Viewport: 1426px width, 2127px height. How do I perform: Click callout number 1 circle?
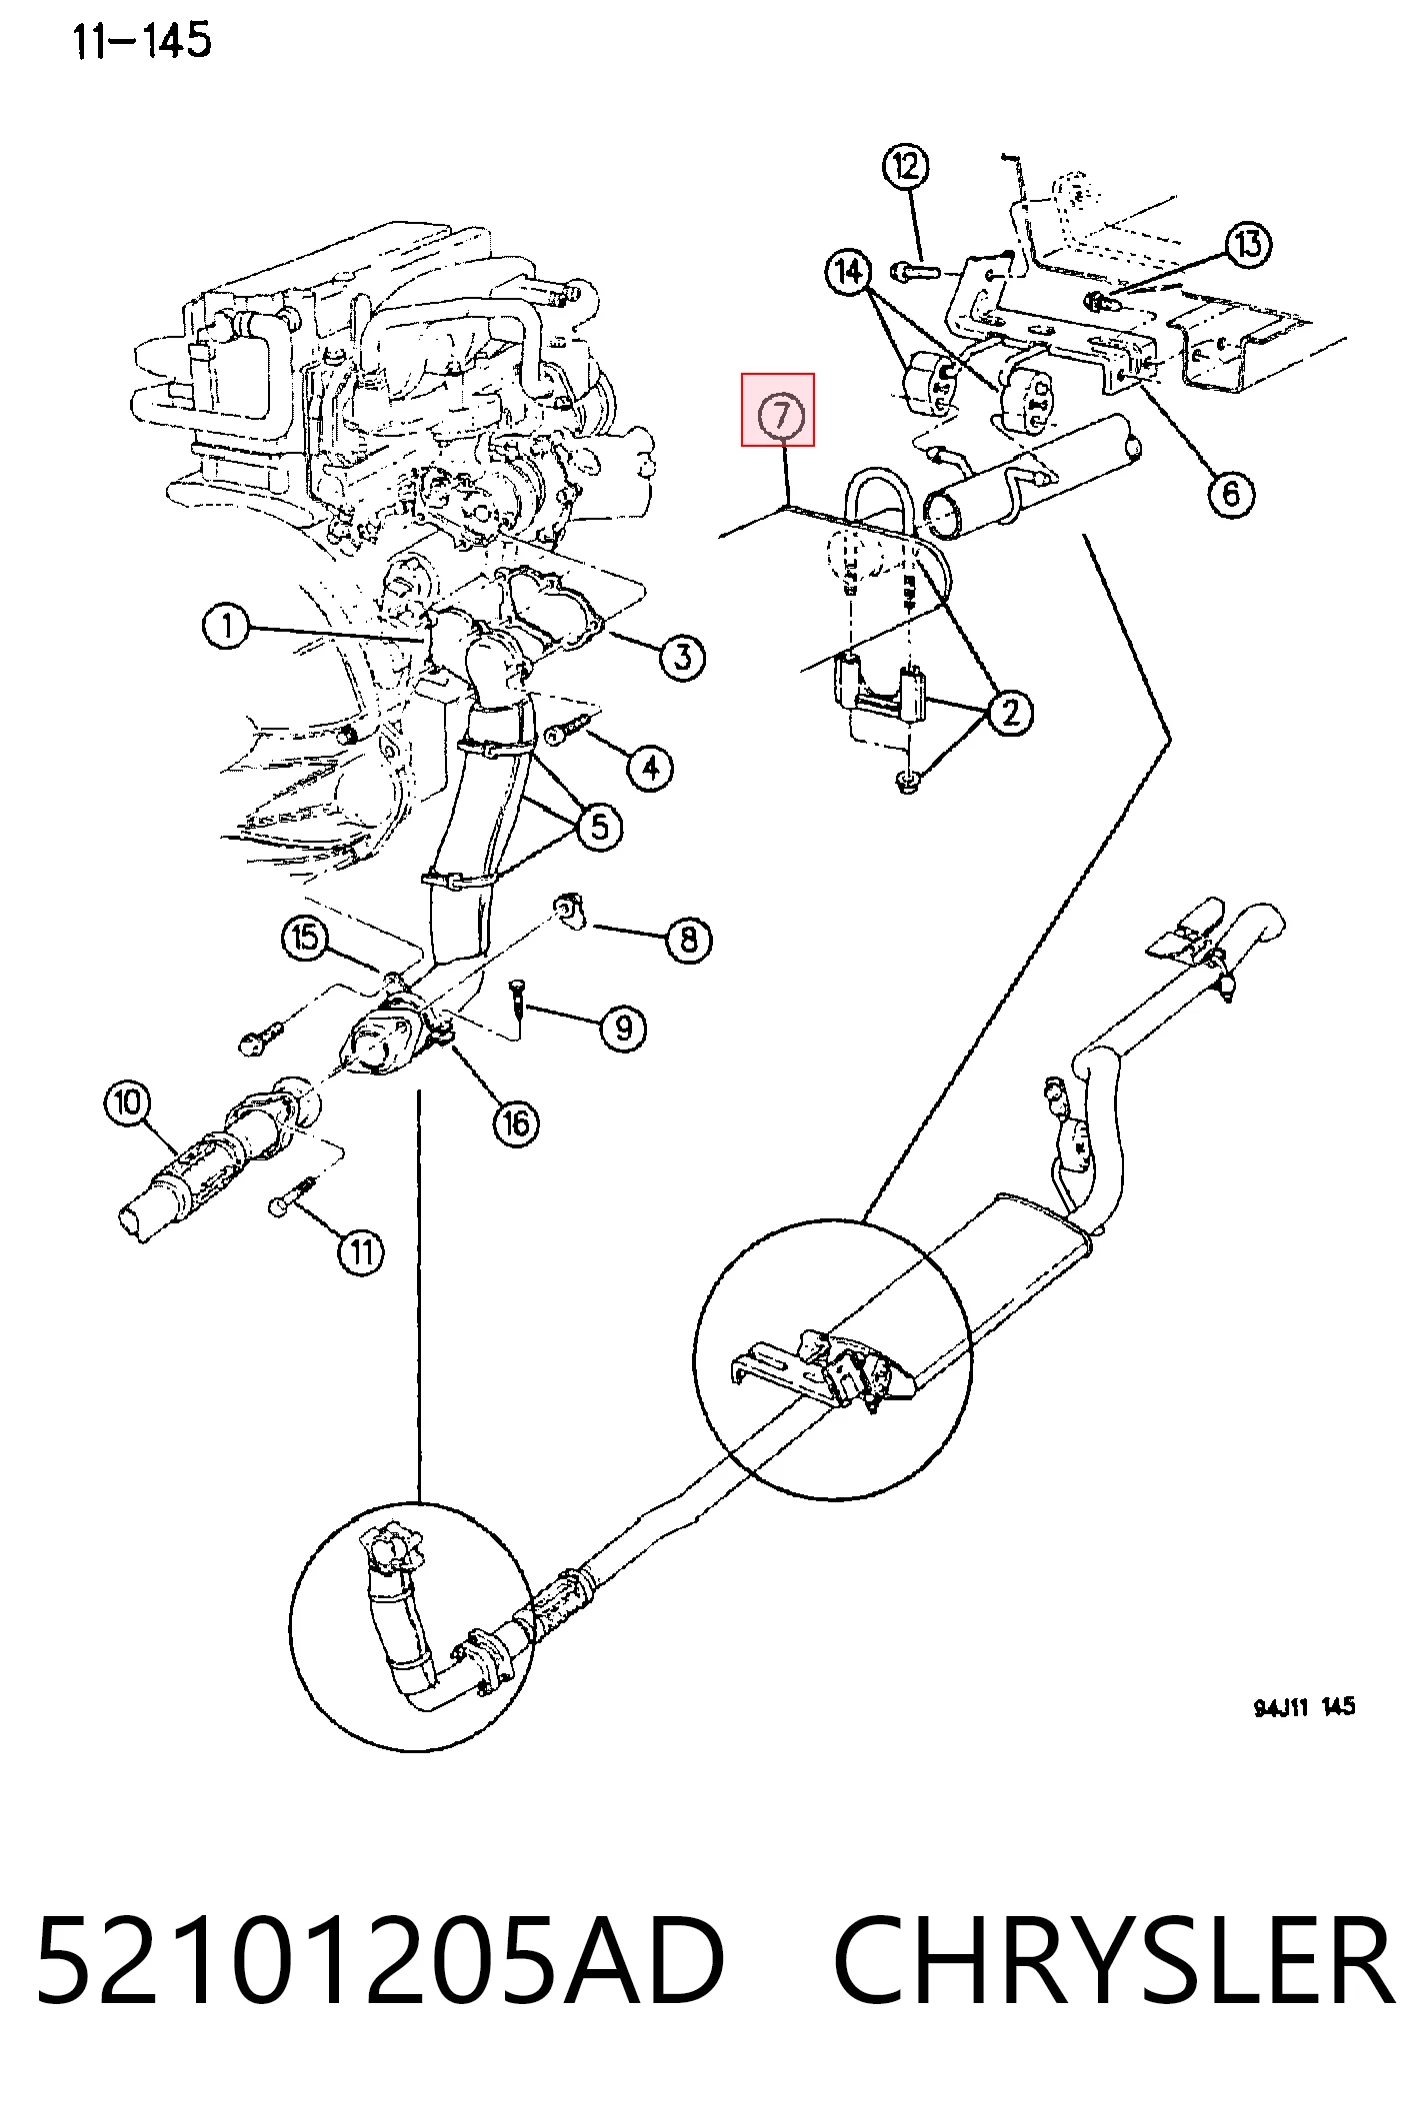coord(227,627)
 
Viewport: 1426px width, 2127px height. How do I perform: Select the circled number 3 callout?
coord(682,658)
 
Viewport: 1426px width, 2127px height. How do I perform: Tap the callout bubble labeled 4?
coord(650,768)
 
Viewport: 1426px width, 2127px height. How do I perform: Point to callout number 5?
coord(599,827)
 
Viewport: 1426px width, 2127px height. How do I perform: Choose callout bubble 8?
coord(688,940)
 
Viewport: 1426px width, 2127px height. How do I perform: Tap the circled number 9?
coord(624,1027)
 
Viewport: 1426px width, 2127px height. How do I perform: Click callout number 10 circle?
coord(128,1102)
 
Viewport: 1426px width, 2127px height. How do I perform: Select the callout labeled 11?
coord(361,1251)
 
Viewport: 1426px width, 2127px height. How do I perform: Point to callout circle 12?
coord(905,166)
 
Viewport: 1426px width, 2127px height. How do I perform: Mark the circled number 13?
coord(1248,244)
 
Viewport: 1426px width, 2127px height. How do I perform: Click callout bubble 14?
coord(849,271)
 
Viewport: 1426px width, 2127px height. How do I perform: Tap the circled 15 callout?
coord(305,938)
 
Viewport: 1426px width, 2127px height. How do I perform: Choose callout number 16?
coord(516,1122)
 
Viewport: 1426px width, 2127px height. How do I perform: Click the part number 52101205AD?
coord(379,1959)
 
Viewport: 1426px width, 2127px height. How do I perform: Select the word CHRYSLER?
coord(1113,1959)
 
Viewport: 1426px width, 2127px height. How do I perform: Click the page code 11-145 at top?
coord(141,41)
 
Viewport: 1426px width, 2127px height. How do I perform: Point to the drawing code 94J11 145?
coord(1304,1705)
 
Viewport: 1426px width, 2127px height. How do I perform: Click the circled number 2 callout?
coord(1010,713)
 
